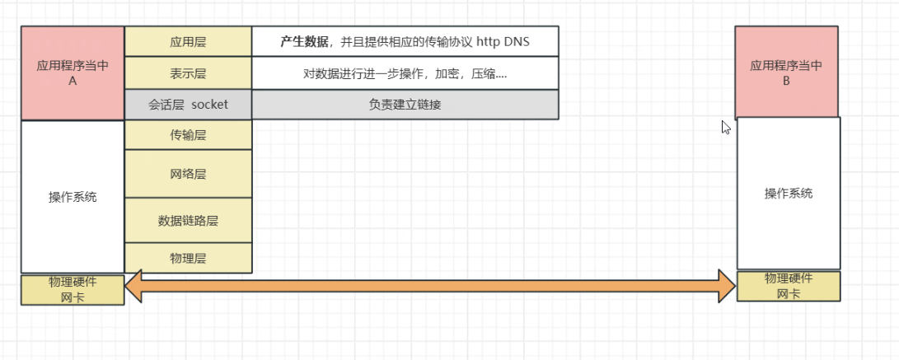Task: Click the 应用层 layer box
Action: tap(188, 41)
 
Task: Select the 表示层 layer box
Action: tap(188, 73)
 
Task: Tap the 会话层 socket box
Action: tap(188, 105)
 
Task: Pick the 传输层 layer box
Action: tap(188, 134)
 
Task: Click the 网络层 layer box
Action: tap(188, 174)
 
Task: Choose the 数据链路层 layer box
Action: tap(188, 220)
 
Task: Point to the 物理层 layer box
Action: tap(188, 258)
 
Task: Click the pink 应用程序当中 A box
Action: tap(73, 73)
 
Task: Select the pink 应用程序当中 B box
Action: tap(788, 72)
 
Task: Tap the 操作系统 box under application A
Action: tap(73, 197)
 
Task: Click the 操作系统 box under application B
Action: tap(789, 193)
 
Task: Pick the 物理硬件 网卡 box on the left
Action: tap(73, 290)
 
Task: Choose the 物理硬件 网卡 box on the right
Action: tap(789, 286)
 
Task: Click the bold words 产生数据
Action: tap(304, 41)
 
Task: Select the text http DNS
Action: tap(503, 41)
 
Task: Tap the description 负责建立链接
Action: tap(405, 105)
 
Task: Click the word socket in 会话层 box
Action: tap(209, 105)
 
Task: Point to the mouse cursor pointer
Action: tap(724, 126)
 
